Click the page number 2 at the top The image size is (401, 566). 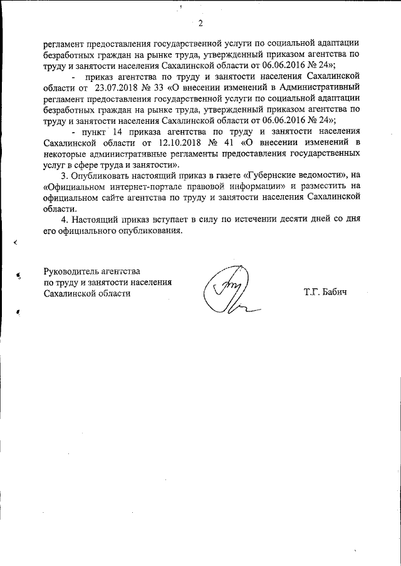coord(200,24)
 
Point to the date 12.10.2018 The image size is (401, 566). coord(172,142)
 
